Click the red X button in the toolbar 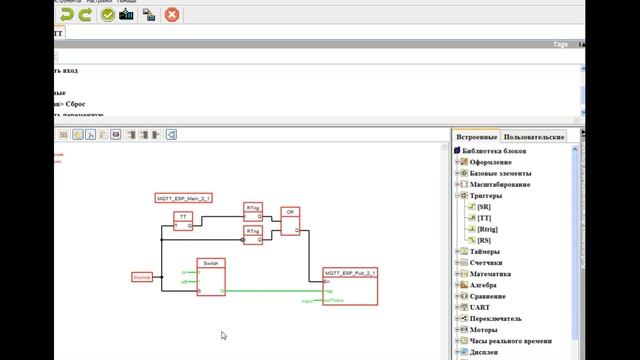coord(172,14)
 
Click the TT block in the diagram coord(183,220)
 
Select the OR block coord(290,222)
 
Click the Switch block coord(211,277)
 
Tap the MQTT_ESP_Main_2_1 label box coord(184,199)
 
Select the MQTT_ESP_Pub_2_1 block coord(350,287)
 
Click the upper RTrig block coord(253,211)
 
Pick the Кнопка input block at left coord(142,276)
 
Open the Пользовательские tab coord(534,136)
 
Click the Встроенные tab coord(476,136)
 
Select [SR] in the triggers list coord(484,207)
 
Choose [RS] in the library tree coord(484,240)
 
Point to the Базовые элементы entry coord(509,173)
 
